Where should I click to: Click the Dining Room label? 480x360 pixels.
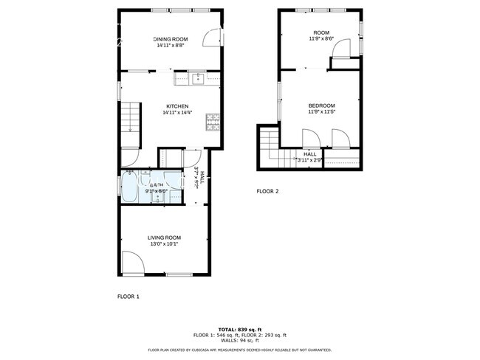click(171, 39)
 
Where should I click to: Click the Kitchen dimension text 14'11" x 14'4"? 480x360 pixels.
click(177, 113)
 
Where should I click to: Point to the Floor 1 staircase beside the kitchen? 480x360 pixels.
click(130, 117)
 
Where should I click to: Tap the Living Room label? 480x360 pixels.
click(165, 237)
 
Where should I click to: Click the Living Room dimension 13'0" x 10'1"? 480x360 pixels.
click(165, 243)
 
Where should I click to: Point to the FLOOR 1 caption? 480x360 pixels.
click(128, 297)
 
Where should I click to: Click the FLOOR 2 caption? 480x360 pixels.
click(267, 191)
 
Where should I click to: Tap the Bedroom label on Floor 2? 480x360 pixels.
click(321, 105)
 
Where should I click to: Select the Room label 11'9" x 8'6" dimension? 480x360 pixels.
click(321, 39)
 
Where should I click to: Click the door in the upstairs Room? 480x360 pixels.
click(341, 48)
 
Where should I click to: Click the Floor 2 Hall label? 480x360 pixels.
click(309, 153)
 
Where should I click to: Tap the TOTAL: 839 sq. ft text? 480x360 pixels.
click(239, 329)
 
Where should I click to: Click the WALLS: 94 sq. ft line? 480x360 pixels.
click(239, 341)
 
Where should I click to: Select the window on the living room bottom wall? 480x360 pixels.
click(179, 275)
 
